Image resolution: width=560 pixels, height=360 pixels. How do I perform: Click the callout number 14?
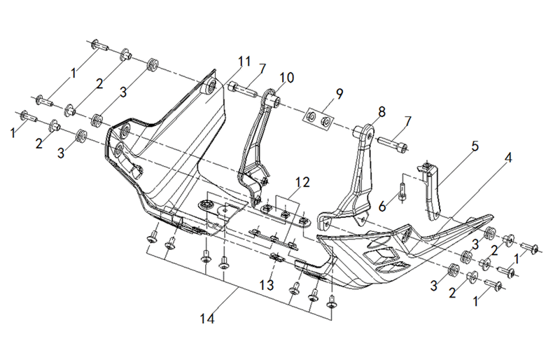click(x=207, y=319)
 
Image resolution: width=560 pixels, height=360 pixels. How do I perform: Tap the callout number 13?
click(x=267, y=285)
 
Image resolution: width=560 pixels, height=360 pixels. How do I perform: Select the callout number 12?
click(x=302, y=182)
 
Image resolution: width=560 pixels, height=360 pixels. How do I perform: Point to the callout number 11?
click(x=244, y=62)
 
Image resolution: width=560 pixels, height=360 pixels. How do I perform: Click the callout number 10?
click(x=287, y=78)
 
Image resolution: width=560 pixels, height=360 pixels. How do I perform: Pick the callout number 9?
click(x=339, y=94)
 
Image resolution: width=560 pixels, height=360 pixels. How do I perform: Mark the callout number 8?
click(x=381, y=112)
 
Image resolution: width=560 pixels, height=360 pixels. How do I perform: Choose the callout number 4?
click(x=508, y=158)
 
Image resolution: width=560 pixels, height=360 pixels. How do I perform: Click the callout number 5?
click(x=475, y=146)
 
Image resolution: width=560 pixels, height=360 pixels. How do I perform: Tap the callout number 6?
click(x=382, y=207)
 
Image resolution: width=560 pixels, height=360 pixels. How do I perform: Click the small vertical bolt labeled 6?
click(x=403, y=191)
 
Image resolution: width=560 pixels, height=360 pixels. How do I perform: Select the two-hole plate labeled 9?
click(x=318, y=118)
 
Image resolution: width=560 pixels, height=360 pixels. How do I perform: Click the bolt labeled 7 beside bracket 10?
click(x=242, y=89)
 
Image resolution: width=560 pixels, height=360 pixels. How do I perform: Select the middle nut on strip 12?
click(x=285, y=214)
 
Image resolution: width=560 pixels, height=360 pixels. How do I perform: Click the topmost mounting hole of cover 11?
click(x=211, y=86)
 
